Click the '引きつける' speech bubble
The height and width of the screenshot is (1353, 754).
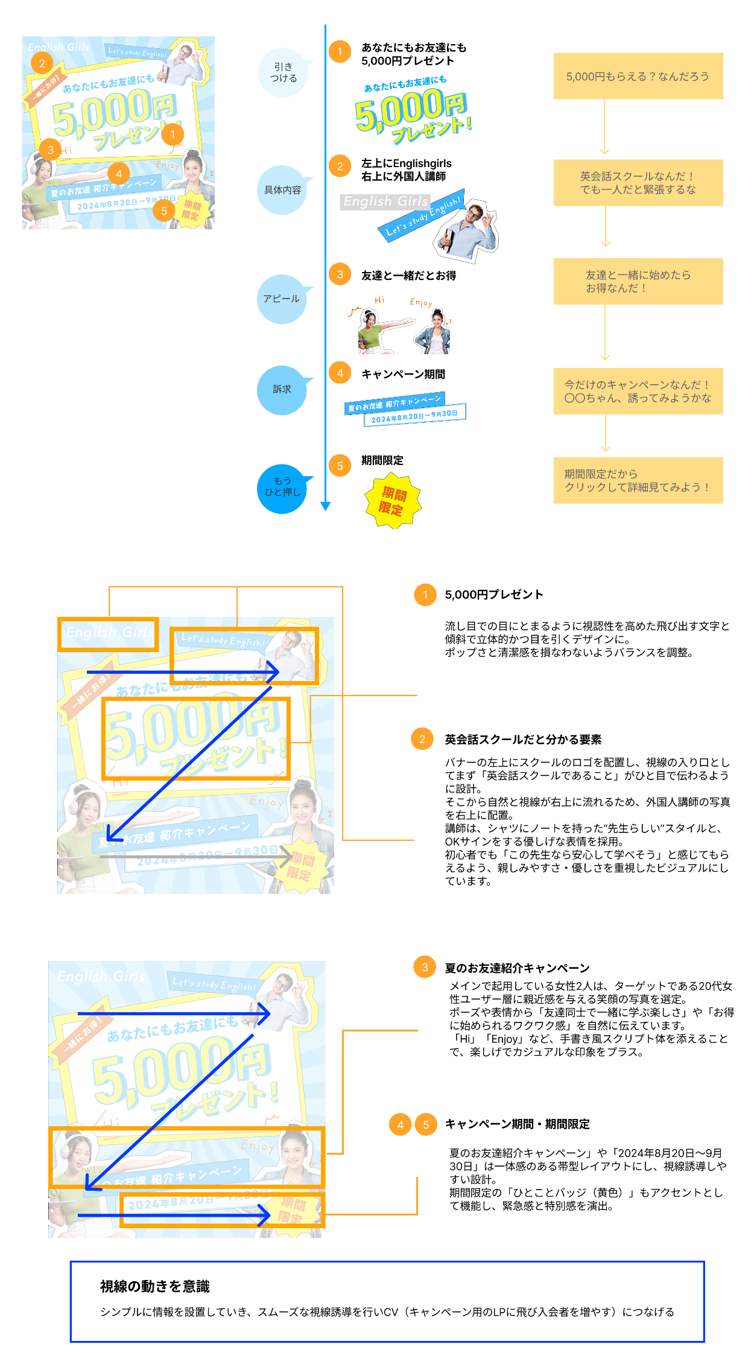(x=283, y=72)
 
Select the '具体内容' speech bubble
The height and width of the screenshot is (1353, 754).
(x=282, y=190)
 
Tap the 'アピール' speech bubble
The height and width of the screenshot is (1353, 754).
(x=282, y=299)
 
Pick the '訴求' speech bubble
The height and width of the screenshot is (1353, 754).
(x=282, y=390)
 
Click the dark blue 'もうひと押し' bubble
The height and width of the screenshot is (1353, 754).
(x=282, y=487)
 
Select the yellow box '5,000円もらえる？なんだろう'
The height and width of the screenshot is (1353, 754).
(x=638, y=77)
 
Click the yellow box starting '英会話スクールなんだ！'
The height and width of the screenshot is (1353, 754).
(x=638, y=183)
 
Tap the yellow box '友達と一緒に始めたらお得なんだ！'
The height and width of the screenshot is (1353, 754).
(x=638, y=282)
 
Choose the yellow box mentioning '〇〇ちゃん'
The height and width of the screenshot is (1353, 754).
(x=638, y=391)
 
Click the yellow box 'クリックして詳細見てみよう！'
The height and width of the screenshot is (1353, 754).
(x=638, y=481)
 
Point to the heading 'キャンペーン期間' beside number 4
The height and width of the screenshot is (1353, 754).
(x=403, y=375)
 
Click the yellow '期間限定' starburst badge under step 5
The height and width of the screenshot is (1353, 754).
(x=393, y=501)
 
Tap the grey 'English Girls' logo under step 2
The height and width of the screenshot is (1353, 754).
(x=385, y=201)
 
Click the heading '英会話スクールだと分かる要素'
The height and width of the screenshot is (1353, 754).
(x=523, y=740)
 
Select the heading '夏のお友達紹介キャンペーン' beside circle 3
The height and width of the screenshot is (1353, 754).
(x=517, y=968)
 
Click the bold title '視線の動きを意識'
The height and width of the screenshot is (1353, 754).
(x=155, y=1287)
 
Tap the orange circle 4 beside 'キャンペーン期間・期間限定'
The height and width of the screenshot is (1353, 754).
(x=401, y=1124)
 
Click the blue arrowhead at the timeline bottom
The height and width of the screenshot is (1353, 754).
(x=326, y=506)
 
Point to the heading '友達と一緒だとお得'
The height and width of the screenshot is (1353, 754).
(x=408, y=276)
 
